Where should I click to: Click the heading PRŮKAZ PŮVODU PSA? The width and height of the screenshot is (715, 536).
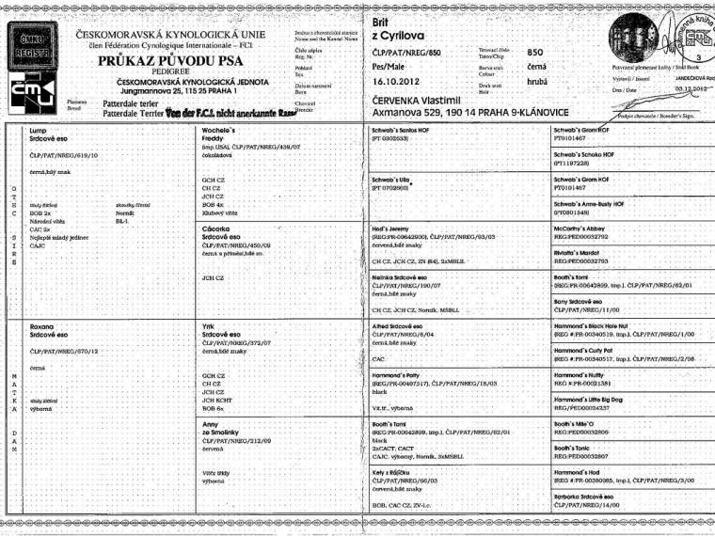pos(170,64)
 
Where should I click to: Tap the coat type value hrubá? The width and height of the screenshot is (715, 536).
pos(537,82)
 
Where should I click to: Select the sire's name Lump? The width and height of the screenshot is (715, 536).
pos(39,130)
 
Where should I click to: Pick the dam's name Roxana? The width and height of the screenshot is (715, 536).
pos(43,324)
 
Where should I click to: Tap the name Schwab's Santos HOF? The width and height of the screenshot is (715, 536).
pos(405,129)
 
